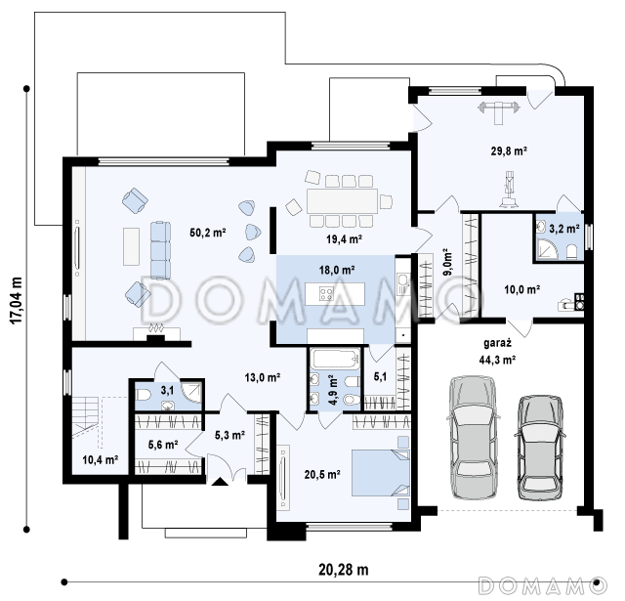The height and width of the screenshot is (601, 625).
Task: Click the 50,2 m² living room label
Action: [208, 233]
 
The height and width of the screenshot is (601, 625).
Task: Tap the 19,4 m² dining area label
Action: [344, 239]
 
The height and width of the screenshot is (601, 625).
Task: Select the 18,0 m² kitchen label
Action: [336, 271]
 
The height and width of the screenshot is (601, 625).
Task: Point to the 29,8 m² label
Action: [509, 151]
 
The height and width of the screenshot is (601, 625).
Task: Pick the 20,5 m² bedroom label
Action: [322, 475]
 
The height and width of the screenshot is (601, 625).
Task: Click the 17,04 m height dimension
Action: [16, 301]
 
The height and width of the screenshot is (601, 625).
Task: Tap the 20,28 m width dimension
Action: [343, 570]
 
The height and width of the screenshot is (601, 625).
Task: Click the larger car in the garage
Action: [473, 438]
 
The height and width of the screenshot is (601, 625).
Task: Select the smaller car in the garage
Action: [540, 448]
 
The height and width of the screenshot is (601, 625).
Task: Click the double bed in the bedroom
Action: [380, 473]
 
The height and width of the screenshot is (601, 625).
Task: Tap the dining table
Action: [342, 201]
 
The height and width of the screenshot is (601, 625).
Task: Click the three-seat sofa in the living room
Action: [160, 250]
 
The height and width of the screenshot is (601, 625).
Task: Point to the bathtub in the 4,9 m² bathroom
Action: [335, 359]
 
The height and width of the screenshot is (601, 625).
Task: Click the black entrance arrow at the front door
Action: [220, 482]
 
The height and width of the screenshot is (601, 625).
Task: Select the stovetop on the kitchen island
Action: [326, 294]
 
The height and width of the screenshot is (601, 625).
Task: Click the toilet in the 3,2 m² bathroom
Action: [571, 252]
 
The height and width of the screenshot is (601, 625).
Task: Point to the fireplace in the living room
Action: [156, 332]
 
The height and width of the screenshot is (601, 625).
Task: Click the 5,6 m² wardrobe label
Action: [163, 445]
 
